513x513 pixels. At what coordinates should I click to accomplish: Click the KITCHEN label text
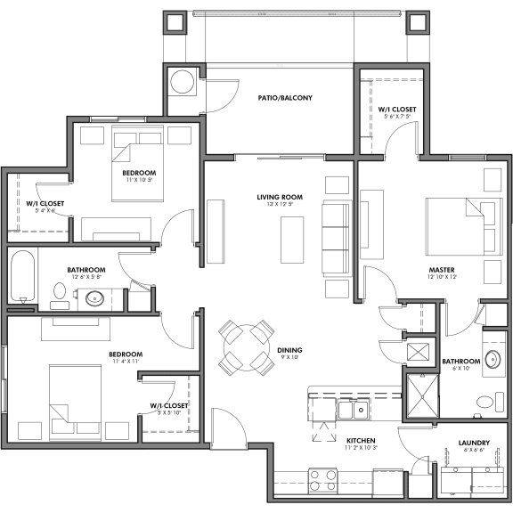click(361, 440)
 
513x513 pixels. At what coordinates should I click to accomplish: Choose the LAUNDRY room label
click(473, 442)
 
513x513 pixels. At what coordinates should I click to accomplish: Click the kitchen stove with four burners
click(322, 480)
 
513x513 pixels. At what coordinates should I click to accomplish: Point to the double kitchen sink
click(354, 410)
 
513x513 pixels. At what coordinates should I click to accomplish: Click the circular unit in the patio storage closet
click(184, 82)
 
